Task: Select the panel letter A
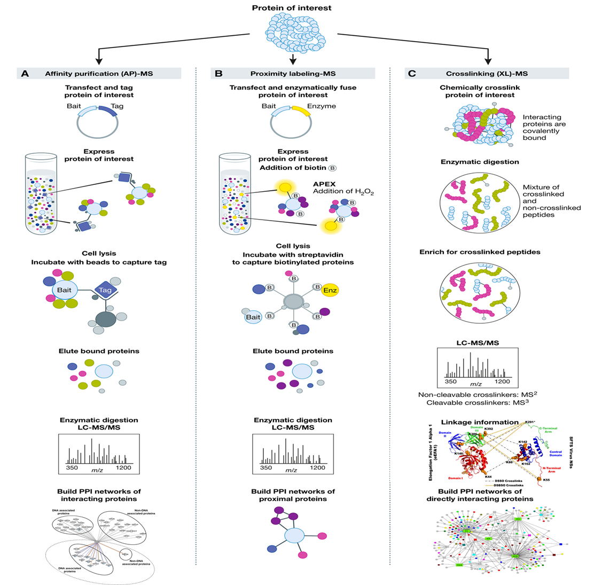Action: (25, 74)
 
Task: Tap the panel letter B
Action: (218, 74)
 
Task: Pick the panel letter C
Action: (411, 74)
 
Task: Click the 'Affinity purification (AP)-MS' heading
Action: (99, 74)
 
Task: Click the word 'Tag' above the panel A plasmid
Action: (117, 106)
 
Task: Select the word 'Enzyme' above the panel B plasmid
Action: (321, 106)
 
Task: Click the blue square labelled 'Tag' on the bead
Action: (105, 290)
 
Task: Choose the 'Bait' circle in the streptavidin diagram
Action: (253, 317)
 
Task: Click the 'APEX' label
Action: (324, 184)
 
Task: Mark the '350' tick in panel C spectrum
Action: (451, 381)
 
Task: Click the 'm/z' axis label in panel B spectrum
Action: (291, 470)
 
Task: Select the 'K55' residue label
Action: (545, 480)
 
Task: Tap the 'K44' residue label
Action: (488, 476)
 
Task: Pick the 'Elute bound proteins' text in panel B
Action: (293, 351)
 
